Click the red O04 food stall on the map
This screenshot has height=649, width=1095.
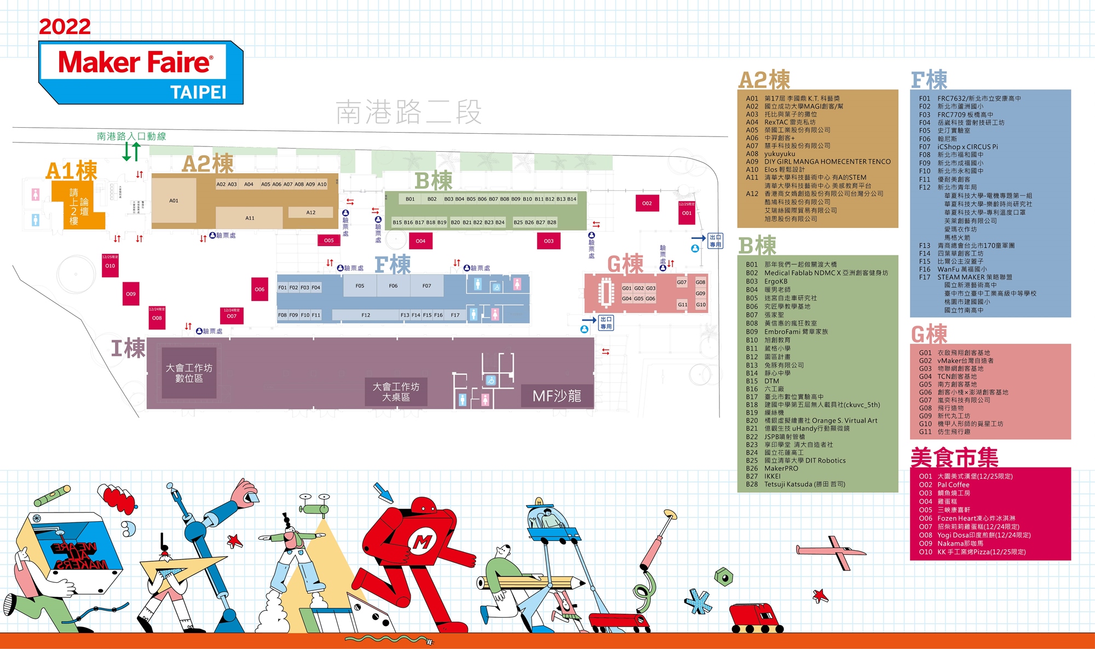tap(420, 241)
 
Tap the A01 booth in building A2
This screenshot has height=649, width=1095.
tap(174, 201)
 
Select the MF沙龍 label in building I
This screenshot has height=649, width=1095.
tap(557, 396)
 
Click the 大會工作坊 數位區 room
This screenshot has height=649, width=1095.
tap(189, 373)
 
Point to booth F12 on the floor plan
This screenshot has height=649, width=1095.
tap(366, 315)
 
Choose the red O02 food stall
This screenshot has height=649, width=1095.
tap(647, 203)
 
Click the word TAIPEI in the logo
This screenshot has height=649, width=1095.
tap(198, 92)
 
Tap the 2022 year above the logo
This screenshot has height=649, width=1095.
tap(65, 26)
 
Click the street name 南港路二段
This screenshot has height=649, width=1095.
tap(408, 112)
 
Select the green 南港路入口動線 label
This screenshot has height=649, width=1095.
tap(131, 136)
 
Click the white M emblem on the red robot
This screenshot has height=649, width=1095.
tap(422, 542)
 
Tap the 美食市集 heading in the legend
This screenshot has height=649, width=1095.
tap(954, 457)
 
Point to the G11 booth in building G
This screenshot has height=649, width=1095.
tap(682, 305)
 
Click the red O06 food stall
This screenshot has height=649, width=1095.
tap(260, 289)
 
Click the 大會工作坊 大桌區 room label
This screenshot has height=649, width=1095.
tap(396, 392)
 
